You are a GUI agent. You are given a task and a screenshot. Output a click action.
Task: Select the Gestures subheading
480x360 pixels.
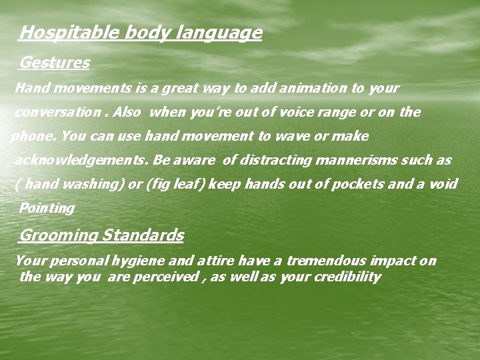tap(55, 63)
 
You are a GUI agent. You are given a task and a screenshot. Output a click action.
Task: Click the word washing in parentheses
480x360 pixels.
tap(95, 184)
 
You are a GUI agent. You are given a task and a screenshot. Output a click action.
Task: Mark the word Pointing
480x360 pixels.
tap(47, 208)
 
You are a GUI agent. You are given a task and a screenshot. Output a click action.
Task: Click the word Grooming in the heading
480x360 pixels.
tap(59, 235)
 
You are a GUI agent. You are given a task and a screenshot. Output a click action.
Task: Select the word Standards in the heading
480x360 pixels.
tap(143, 235)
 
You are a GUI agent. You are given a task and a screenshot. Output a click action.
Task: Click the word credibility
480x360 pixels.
tap(347, 277)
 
